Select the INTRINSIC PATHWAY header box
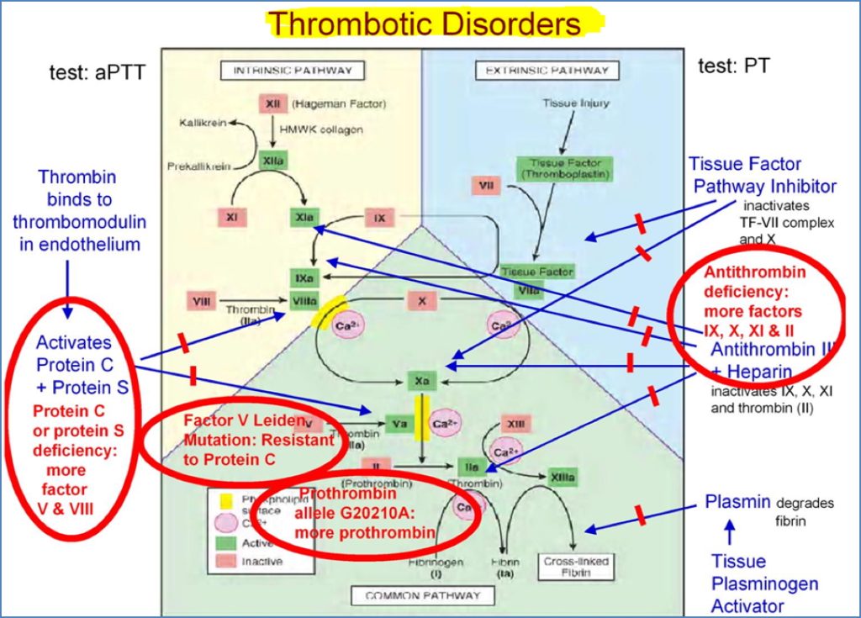click(287, 70)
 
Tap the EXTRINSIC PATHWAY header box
click(547, 71)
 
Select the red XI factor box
click(231, 216)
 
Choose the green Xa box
click(421, 380)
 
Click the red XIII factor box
click(515, 424)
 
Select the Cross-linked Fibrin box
click(576, 566)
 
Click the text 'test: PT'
click(733, 65)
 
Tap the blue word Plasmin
click(737, 502)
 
